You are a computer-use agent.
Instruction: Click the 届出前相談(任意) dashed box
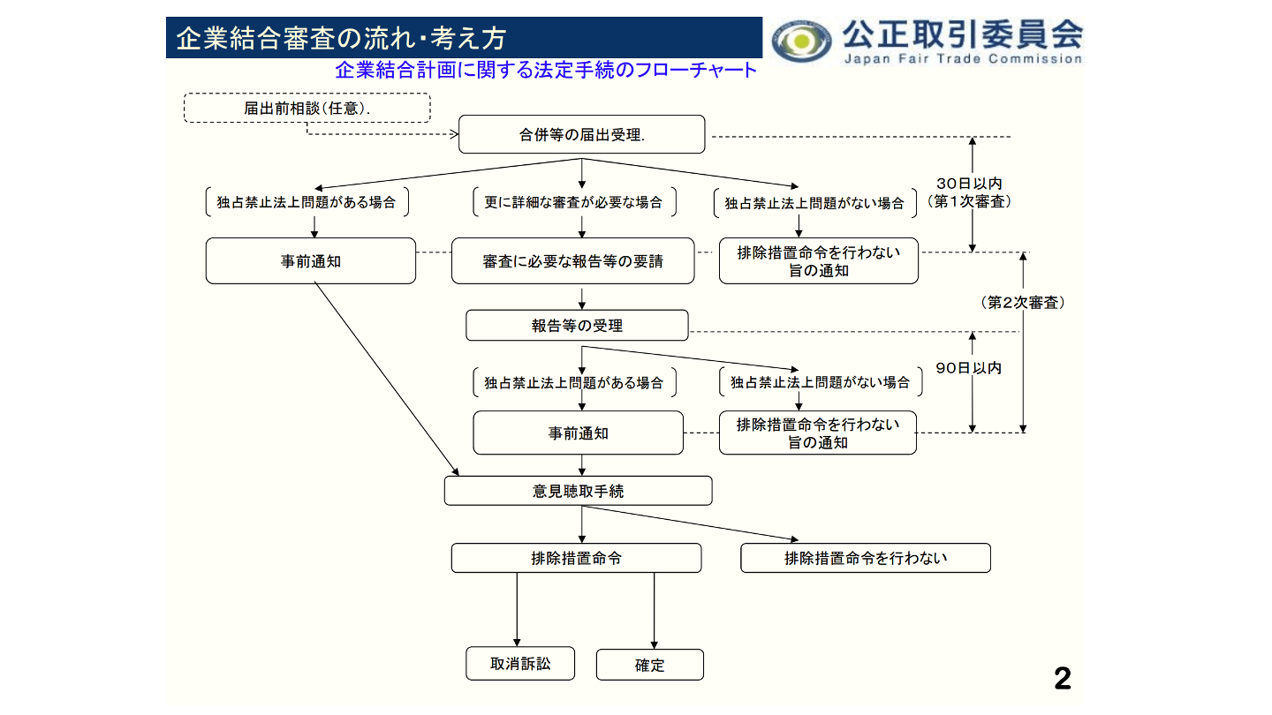307,108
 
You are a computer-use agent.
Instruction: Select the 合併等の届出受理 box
581,135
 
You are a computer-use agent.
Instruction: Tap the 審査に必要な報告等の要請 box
572,261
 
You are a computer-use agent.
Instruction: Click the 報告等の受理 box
577,326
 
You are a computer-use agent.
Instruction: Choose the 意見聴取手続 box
578,491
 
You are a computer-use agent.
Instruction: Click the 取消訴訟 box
520,664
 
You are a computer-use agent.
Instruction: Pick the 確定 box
649,666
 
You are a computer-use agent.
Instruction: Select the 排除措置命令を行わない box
865,558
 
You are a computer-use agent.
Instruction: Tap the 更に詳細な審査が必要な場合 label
573,202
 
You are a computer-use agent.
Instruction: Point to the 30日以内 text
969,184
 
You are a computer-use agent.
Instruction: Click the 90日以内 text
969,368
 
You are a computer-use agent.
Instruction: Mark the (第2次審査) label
1023,303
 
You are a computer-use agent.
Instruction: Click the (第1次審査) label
969,201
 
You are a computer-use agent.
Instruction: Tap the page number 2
1062,679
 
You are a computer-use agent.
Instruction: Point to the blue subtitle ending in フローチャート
546,70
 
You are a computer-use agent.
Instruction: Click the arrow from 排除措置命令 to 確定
654,611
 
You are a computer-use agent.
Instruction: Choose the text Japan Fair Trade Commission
962,59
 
